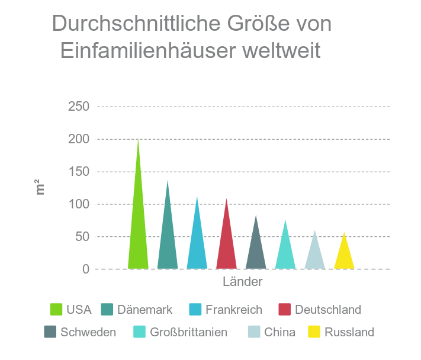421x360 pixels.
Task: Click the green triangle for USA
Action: tap(138, 237)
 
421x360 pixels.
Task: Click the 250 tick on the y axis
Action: tap(78, 107)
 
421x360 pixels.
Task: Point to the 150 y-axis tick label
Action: tap(78, 172)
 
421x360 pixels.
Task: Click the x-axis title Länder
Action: tap(242, 282)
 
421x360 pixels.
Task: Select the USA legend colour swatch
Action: tap(56, 310)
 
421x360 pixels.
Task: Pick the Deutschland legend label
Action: tap(327, 310)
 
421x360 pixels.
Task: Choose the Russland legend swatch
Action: tap(314, 332)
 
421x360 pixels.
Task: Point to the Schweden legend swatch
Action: tap(50, 332)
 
